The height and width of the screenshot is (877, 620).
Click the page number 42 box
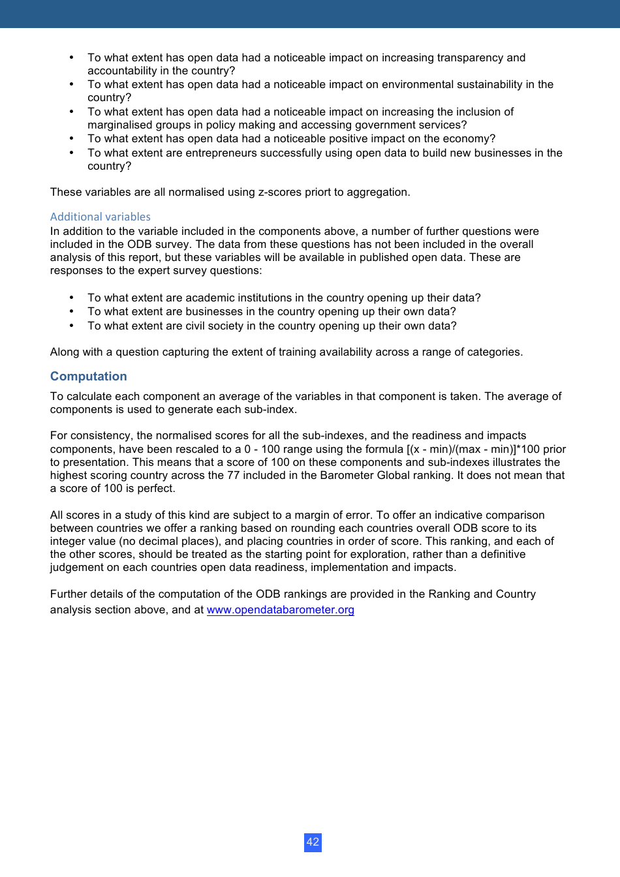[313, 842]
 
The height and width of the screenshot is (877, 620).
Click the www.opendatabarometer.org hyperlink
[280, 610]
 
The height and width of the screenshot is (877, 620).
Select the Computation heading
[89, 377]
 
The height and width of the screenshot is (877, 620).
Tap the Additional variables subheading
[101, 217]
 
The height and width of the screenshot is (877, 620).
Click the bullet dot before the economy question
[72, 139]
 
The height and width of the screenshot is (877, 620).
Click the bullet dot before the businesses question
[72, 312]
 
